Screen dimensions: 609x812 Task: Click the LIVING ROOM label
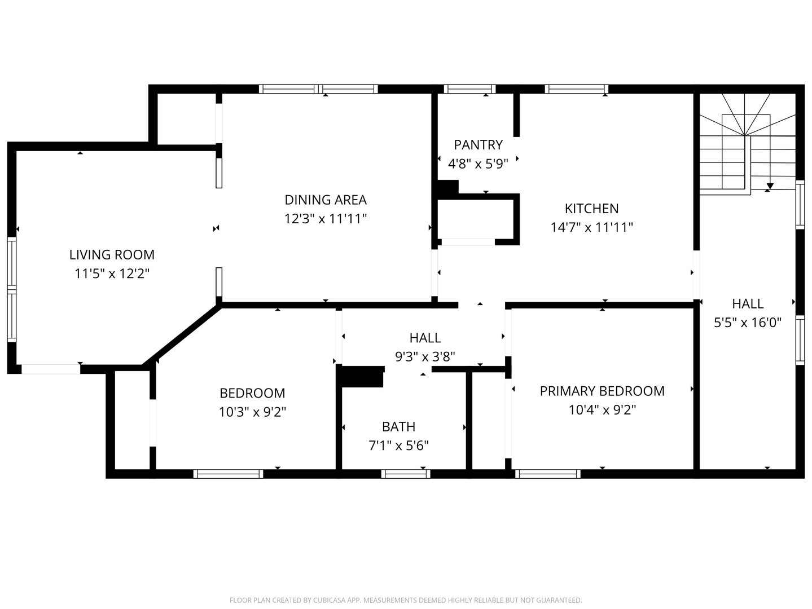112,254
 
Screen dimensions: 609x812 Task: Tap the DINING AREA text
326,200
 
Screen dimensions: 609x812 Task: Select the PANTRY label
478,145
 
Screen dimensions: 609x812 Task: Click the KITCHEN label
591,209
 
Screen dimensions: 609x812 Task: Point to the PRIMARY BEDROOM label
602,391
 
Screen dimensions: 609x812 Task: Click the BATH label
398,427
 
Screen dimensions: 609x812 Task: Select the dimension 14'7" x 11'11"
591,227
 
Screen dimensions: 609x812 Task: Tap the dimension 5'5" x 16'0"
747,323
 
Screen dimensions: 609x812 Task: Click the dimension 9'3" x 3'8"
424,356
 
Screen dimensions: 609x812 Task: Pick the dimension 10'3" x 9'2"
252,412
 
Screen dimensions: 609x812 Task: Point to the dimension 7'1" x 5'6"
398,445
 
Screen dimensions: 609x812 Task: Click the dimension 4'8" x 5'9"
478,164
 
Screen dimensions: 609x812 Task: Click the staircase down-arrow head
770,186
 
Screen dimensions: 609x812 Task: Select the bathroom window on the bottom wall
405,474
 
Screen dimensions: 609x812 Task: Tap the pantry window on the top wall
469,89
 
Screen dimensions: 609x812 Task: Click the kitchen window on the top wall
576,89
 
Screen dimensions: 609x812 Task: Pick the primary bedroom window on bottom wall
548,474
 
